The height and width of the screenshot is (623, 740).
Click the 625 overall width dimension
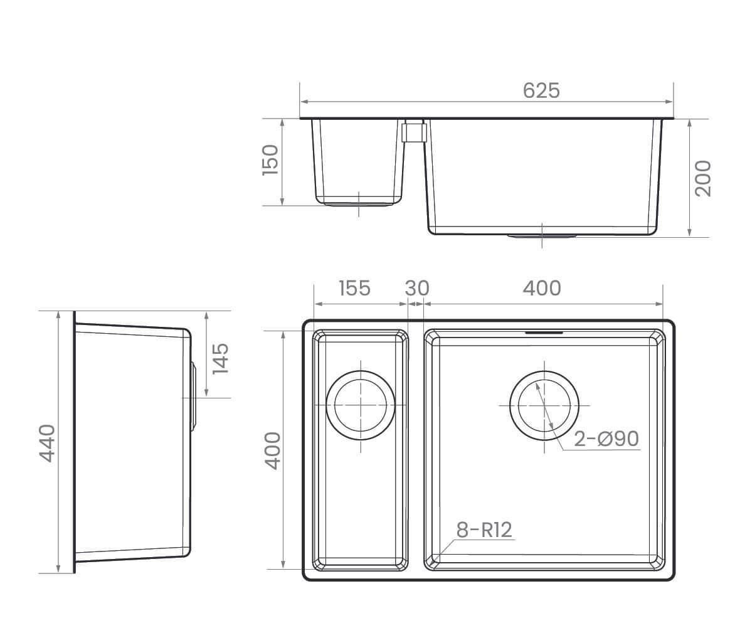[x=541, y=90]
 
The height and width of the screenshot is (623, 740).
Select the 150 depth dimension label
[x=270, y=160]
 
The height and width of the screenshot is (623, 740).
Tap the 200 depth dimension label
[x=703, y=178]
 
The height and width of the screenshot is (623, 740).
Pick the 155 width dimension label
[x=354, y=289]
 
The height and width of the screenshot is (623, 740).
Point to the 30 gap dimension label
[x=417, y=289]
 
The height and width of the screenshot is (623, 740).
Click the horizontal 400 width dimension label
[x=542, y=289]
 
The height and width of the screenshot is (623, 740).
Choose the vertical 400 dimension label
[x=273, y=450]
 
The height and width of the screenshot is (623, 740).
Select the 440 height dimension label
[x=47, y=443]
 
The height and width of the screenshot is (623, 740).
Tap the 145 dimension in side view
[x=220, y=359]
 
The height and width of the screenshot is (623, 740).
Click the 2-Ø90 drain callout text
[x=606, y=439]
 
